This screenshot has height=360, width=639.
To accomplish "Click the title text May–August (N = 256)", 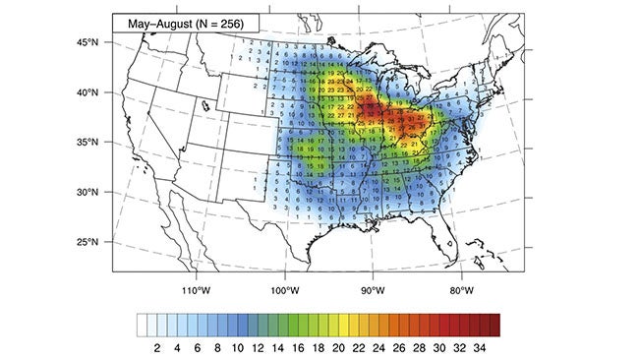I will point(176,22).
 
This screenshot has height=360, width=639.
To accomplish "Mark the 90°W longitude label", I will point(373,289).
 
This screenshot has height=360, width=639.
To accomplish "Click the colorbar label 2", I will point(157,347).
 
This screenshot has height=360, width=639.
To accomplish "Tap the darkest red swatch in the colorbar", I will point(494,325).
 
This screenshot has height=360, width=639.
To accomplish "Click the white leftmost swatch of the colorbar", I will point(144,325).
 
